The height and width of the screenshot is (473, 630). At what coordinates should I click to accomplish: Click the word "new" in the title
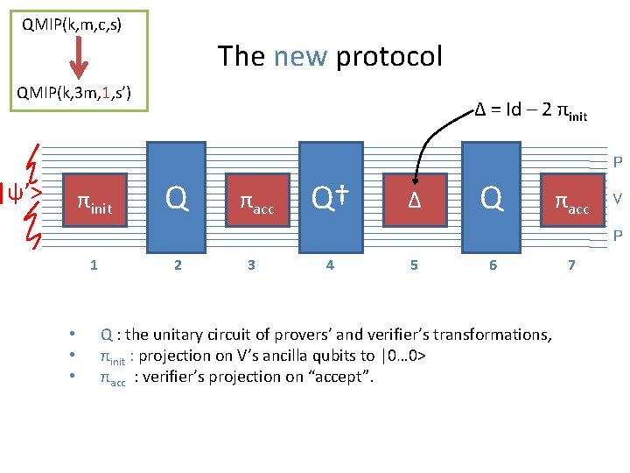tap(301, 57)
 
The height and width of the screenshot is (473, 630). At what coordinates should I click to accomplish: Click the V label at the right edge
tap(617, 199)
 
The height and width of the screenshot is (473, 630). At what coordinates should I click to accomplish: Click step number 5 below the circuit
tap(414, 265)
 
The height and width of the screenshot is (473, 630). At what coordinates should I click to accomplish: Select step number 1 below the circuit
tap(94, 265)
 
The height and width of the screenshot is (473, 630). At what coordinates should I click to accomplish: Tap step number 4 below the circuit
tap(329, 265)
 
